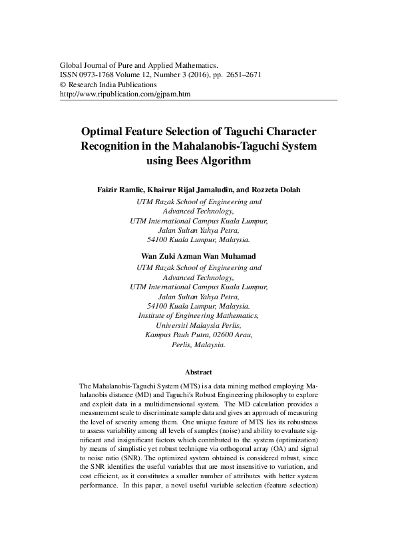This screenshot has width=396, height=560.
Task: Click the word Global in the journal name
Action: click(71, 67)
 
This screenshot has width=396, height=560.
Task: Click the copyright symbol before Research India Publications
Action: click(63, 85)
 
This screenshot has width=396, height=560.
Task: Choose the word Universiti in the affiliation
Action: click(172, 325)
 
